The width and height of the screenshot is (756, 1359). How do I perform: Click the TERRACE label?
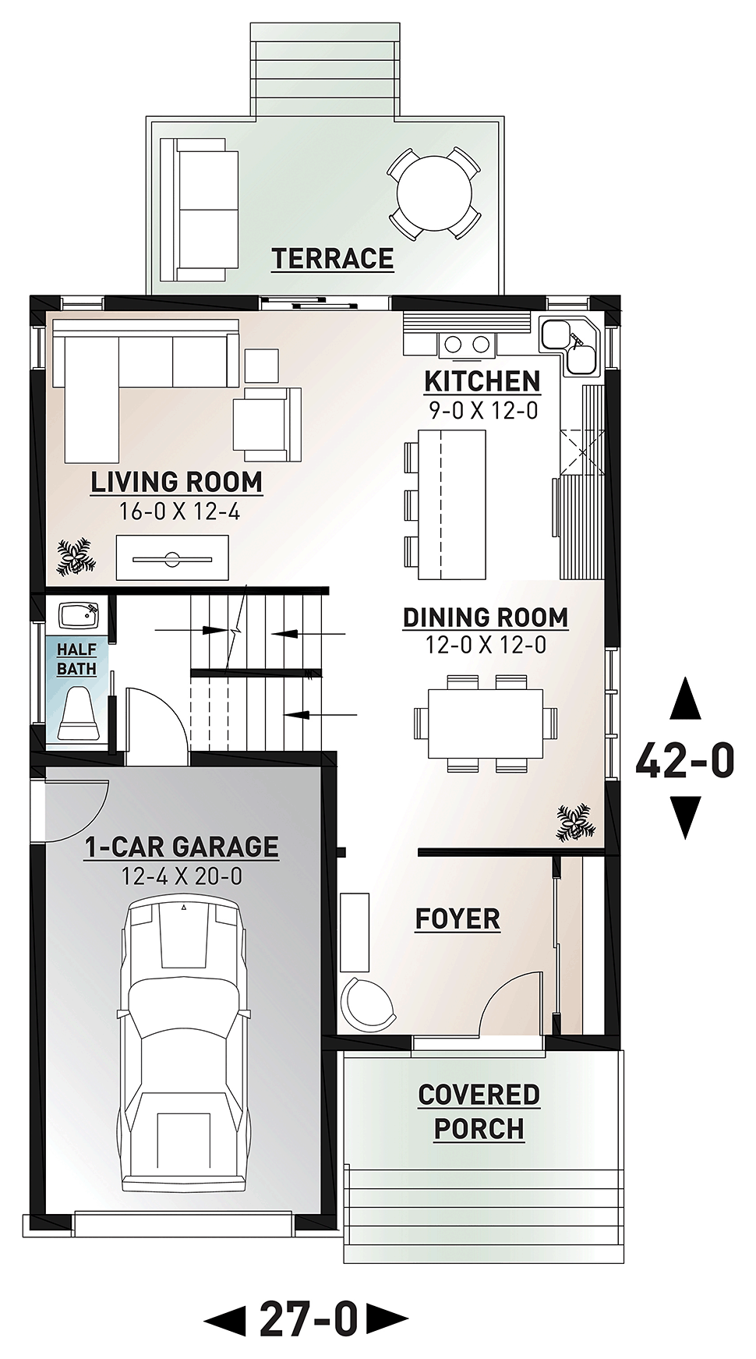tap(332, 258)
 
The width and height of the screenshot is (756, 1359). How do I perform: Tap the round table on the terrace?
tap(434, 193)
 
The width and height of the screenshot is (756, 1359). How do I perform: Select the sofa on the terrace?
tap(199, 210)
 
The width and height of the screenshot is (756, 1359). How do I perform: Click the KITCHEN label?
tap(482, 381)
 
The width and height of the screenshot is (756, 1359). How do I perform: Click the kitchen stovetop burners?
tap(466, 343)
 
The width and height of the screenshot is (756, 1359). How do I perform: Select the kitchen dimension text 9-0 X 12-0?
tap(483, 410)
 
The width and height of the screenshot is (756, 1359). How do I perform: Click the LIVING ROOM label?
tap(177, 482)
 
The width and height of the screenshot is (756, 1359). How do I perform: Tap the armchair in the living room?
tap(267, 424)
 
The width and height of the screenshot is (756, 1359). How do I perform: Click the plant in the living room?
tap(76, 557)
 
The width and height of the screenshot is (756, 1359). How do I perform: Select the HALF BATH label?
tap(76, 659)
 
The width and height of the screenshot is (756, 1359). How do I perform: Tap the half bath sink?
tap(80, 616)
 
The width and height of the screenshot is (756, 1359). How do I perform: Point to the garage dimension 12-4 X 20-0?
tap(182, 876)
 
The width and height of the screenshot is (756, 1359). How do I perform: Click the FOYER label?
tap(457, 918)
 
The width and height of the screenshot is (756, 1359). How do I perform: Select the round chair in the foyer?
tap(368, 1003)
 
